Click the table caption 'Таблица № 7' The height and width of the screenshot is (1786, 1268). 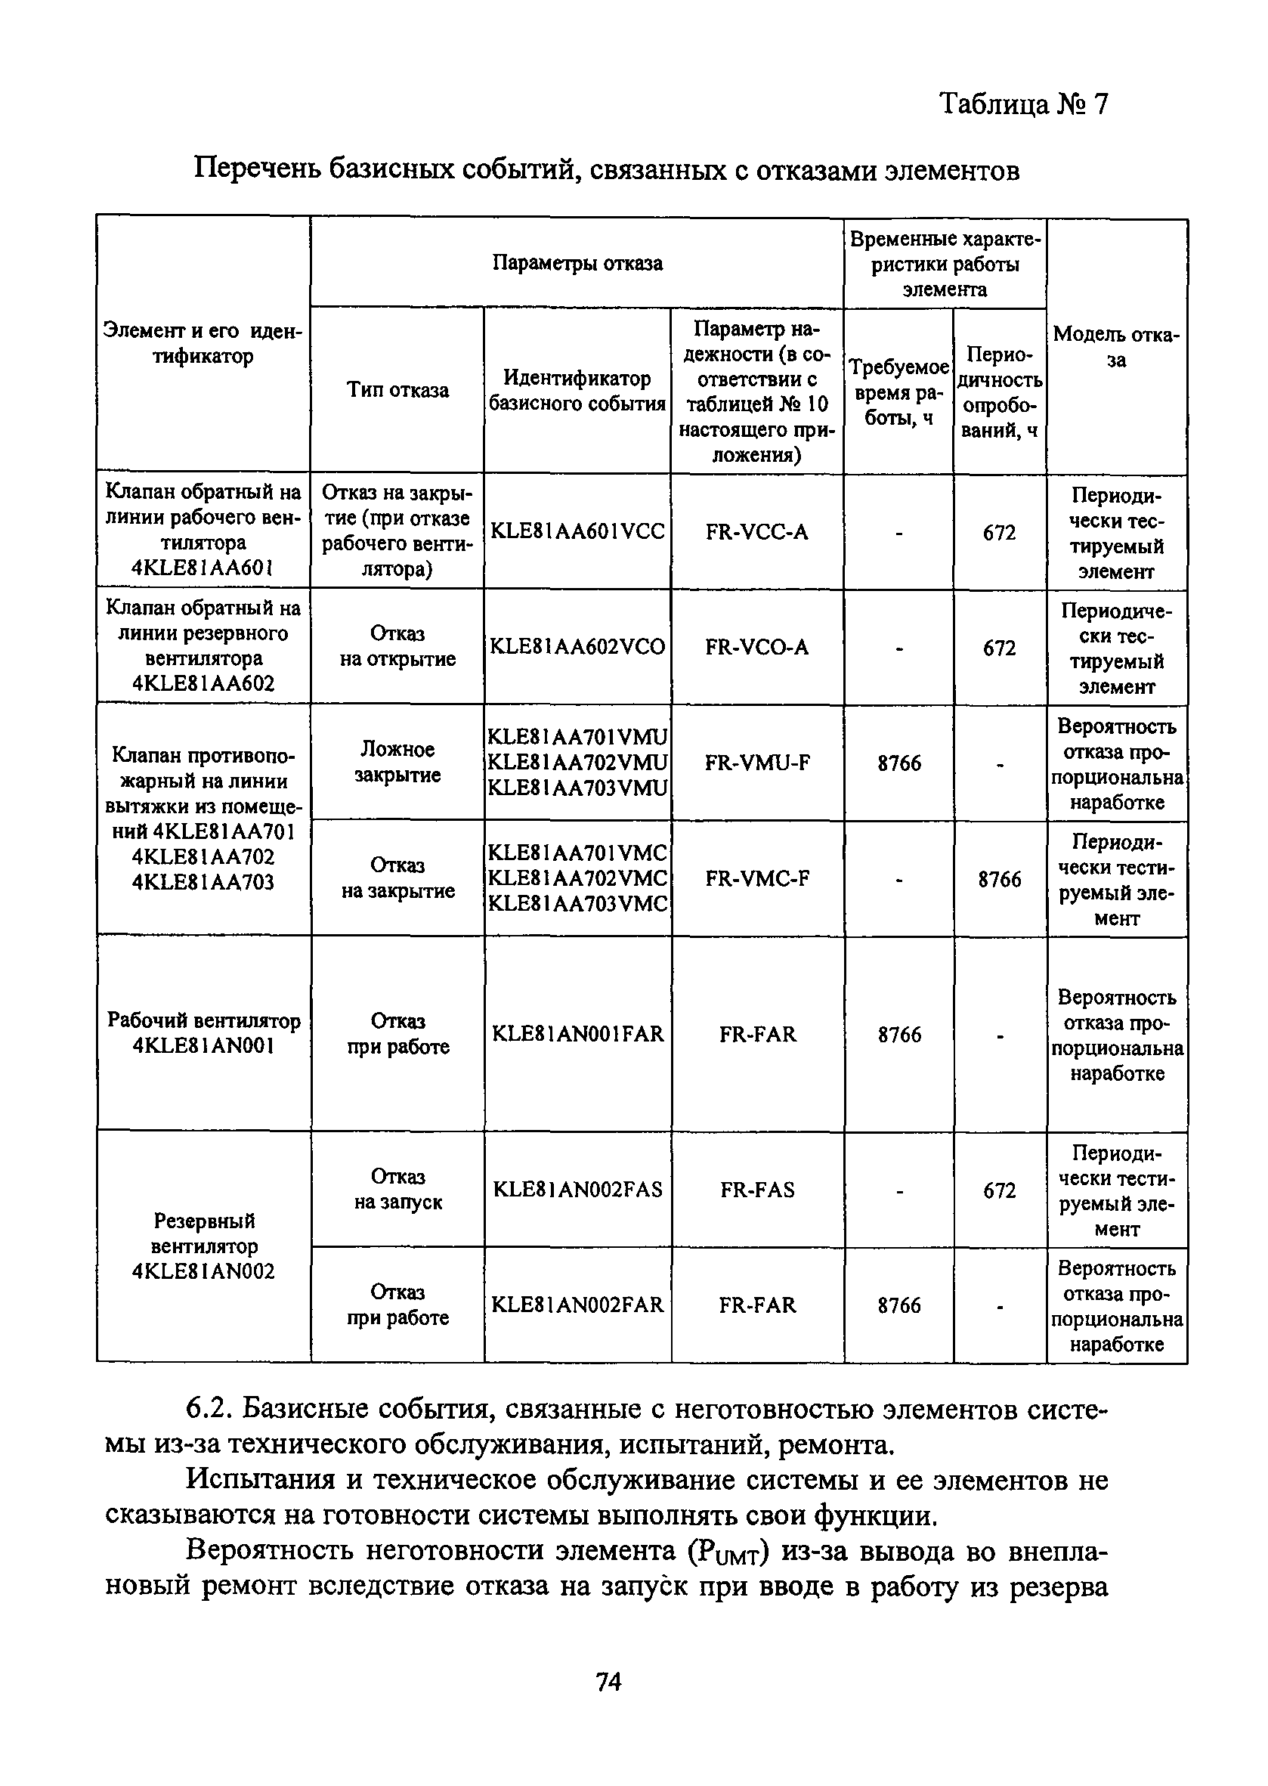pos(1023,104)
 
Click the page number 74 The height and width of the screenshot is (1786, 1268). pos(608,1681)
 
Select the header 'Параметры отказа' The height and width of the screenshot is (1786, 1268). pos(577,263)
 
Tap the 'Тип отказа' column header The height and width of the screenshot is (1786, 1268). pos(397,390)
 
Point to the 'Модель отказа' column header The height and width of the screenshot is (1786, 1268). pos(1116,347)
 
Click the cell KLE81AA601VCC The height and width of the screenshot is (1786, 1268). pos(577,532)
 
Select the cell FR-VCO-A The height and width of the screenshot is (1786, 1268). pos(756,647)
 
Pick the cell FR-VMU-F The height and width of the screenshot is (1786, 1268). pos(756,762)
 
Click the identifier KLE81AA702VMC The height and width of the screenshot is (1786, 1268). pos(577,878)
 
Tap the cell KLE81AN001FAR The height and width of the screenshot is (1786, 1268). pos(577,1034)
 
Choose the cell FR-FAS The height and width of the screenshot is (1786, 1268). pos(756,1190)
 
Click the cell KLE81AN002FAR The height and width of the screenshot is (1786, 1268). pos(577,1305)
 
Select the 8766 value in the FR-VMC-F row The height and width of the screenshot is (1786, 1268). pos(1000,879)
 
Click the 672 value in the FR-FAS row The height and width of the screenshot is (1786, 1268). pos(1000,1190)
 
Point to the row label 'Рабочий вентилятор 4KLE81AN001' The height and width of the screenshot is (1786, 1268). pos(204,1033)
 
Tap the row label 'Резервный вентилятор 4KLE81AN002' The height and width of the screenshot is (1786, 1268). pos(204,1246)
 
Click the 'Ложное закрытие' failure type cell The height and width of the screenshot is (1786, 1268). pos(397,762)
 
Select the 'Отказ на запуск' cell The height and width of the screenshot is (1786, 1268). pos(397,1190)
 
